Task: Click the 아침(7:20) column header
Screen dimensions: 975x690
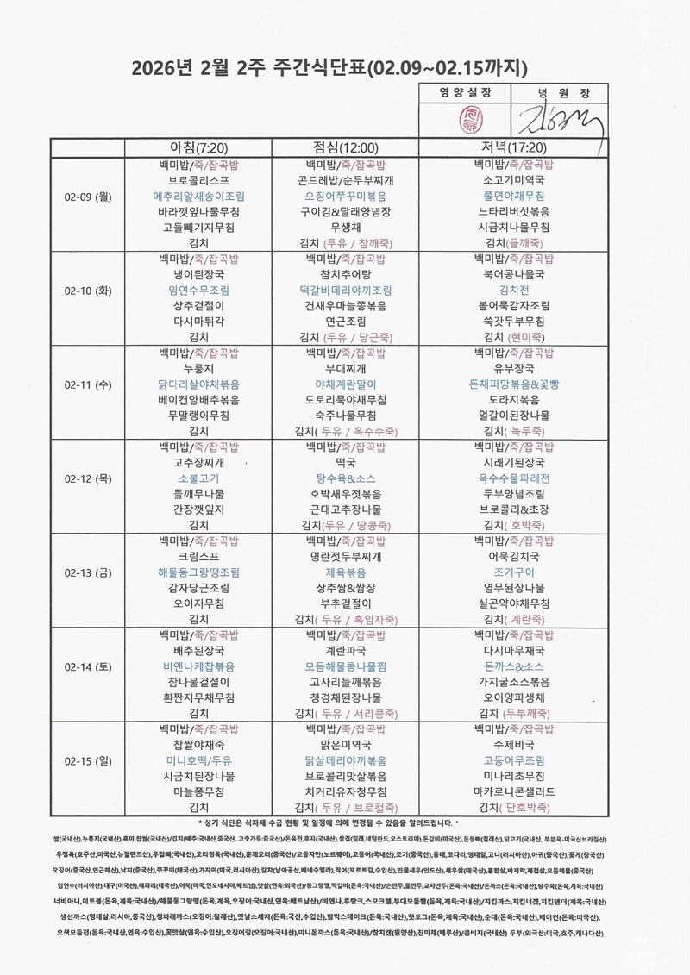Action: [x=198, y=148]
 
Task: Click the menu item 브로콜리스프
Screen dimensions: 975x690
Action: [x=198, y=181]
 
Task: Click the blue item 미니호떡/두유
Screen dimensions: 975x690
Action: [x=198, y=761]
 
